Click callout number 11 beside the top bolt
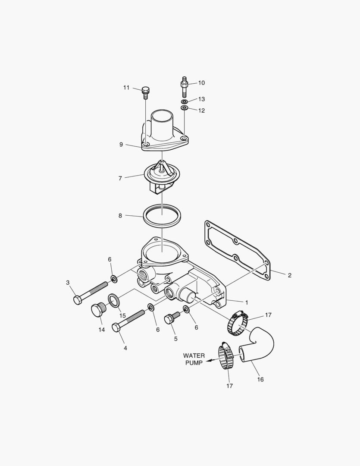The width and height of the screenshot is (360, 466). [126, 88]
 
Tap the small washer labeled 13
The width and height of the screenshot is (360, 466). [184, 101]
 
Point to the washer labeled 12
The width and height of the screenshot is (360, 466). [184, 107]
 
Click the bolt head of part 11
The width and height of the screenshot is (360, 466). [146, 90]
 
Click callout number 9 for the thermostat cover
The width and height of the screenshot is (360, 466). [121, 145]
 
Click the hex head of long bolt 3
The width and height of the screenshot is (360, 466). [78, 300]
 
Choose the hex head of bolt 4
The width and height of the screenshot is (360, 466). [116, 327]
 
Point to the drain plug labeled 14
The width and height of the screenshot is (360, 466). [97, 310]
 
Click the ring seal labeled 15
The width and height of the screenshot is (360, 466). [114, 300]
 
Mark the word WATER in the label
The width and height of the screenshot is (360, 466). [194, 356]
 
